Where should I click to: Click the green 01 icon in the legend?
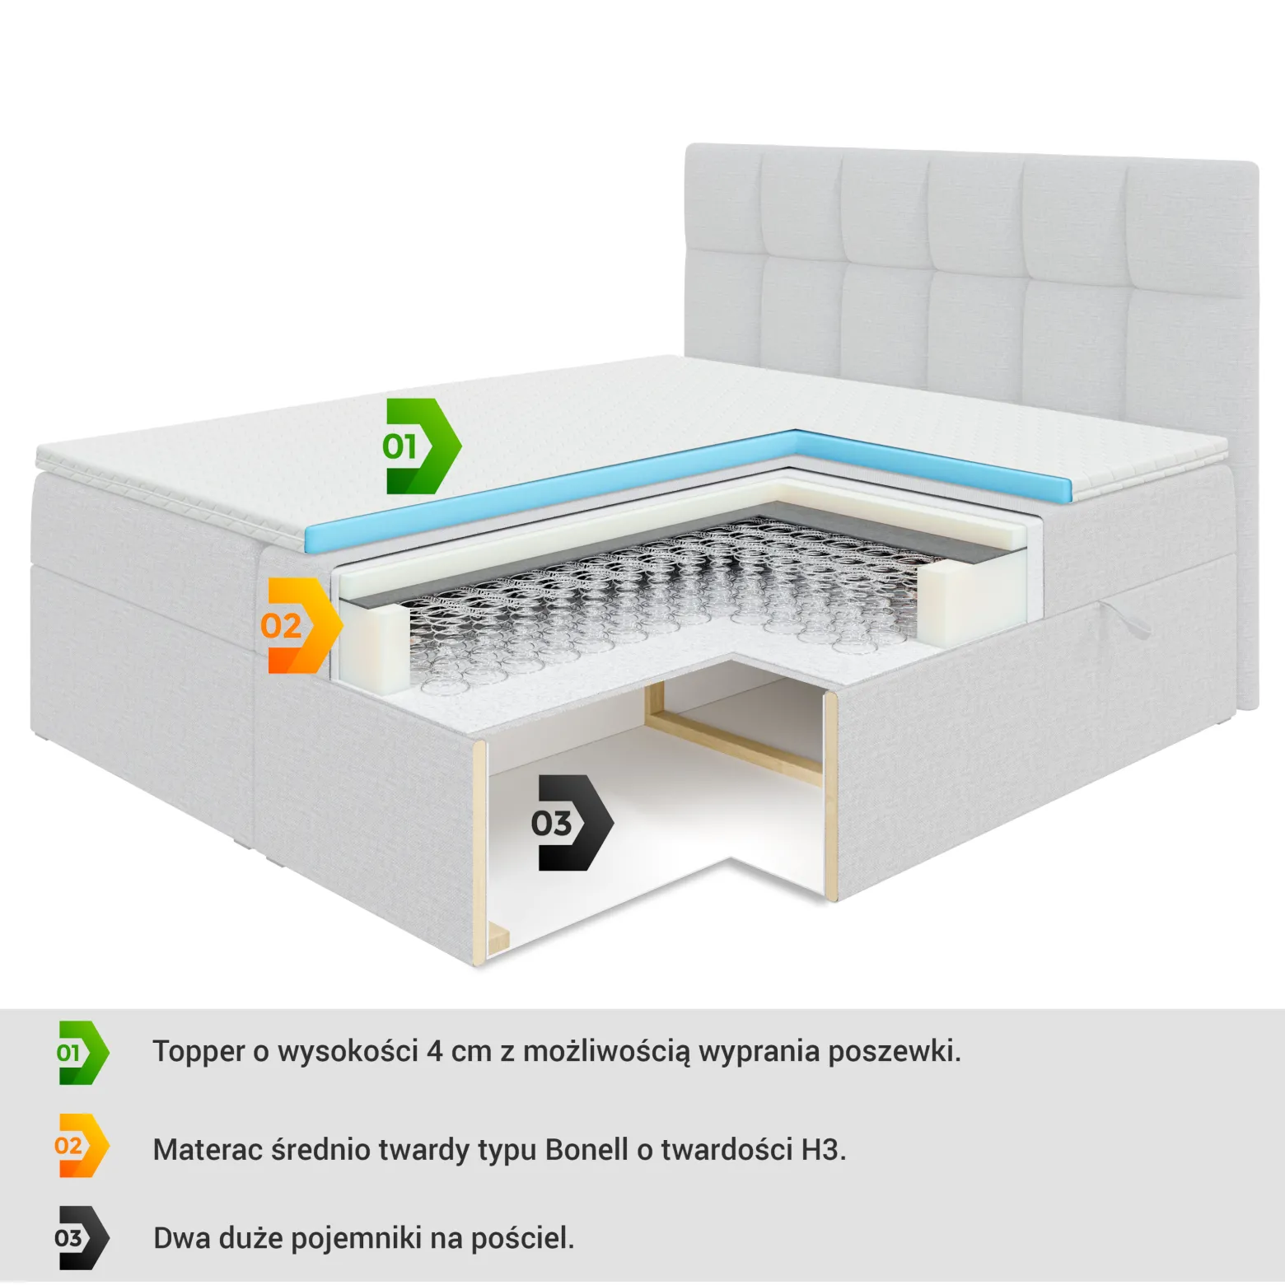82,1052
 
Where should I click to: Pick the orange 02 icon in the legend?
82,1145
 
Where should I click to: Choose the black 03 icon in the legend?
82,1238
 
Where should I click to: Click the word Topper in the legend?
199,1053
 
